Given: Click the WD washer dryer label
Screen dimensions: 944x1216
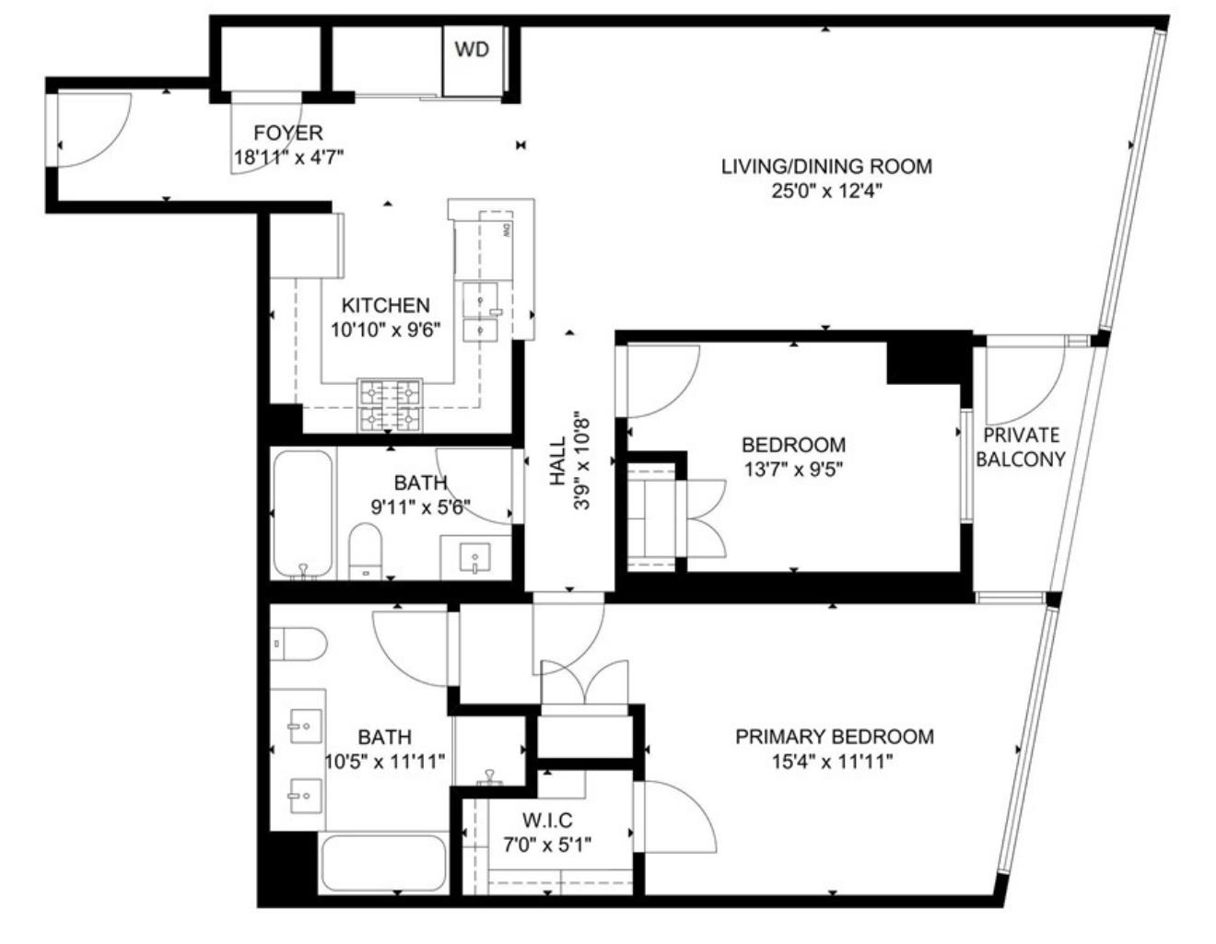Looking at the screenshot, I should (472, 50).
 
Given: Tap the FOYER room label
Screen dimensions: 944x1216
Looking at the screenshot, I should (288, 134).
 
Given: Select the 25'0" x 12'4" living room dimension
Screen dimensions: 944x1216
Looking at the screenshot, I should (826, 191).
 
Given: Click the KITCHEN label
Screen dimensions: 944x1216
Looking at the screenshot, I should (385, 306).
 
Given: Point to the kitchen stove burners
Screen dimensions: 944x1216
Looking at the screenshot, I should (391, 405).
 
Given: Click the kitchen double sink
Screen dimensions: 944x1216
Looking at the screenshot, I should (483, 312).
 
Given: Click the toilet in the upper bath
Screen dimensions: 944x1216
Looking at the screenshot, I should (366, 552).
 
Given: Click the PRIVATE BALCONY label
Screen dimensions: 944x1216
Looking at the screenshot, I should (1021, 447).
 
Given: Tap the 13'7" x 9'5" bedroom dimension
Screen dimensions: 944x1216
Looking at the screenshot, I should (793, 468).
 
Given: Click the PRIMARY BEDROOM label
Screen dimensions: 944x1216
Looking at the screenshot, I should (834, 737).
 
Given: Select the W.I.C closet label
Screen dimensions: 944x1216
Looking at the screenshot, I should (547, 821).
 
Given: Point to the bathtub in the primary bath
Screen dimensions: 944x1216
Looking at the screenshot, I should (382, 862).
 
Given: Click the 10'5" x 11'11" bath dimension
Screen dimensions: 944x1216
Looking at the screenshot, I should (385, 761).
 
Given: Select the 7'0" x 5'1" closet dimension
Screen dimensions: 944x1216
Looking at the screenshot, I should (547, 844).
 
